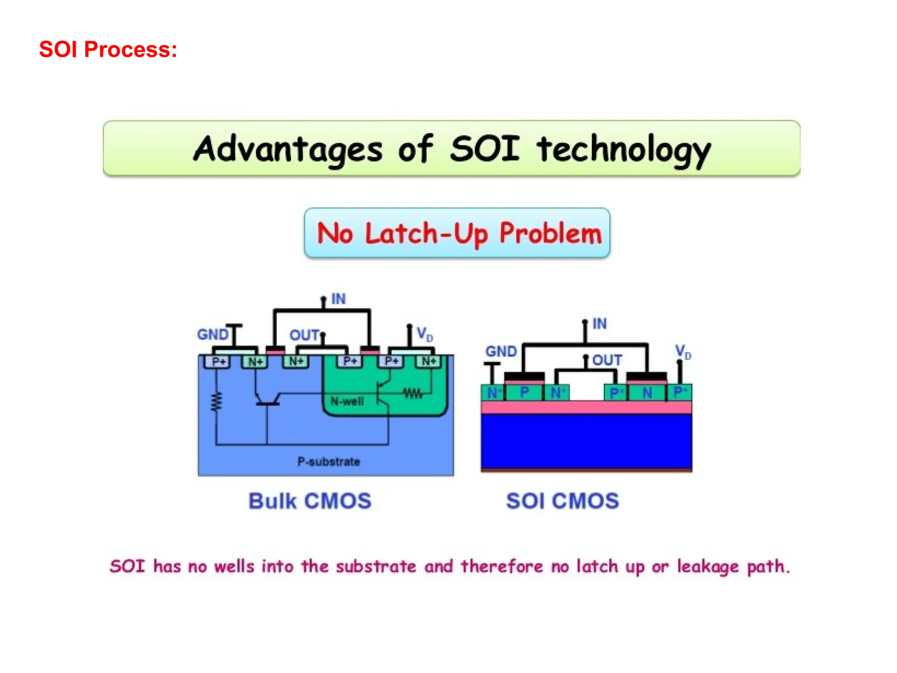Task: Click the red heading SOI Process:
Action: [108, 49]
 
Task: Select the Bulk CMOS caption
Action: [310, 501]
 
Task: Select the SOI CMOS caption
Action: [562, 501]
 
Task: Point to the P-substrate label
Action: [328, 461]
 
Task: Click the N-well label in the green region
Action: [347, 401]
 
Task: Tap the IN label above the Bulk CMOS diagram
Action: [338, 299]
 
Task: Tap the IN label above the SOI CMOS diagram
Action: [599, 324]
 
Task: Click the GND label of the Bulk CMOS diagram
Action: [213, 334]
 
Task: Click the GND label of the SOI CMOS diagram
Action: [501, 351]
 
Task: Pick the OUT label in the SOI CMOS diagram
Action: [607, 360]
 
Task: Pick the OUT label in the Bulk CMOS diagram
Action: [304, 335]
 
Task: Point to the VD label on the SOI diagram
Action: [682, 351]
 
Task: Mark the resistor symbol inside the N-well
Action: [413, 393]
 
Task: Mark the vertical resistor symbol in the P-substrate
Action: [216, 402]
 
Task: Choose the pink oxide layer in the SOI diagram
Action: [586, 407]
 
